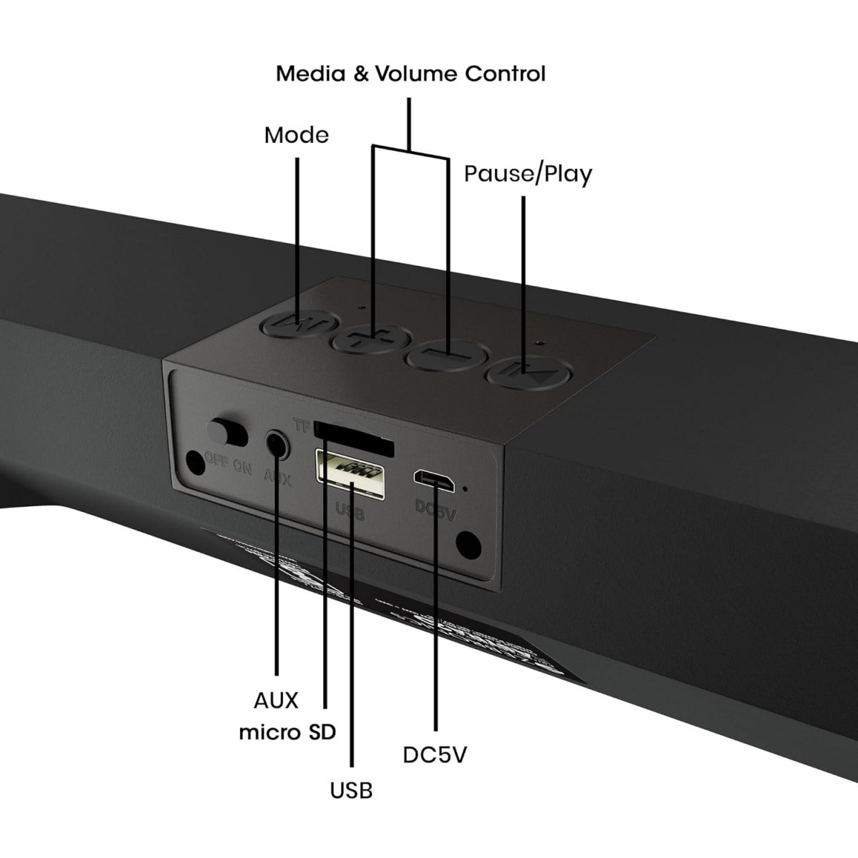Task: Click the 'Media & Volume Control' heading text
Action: [410, 74]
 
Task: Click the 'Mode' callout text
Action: [296, 135]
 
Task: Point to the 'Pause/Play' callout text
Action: [528, 174]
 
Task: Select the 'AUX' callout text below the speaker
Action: [276, 700]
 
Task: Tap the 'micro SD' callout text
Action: [287, 732]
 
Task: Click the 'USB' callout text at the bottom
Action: [351, 790]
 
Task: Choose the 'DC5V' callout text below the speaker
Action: [435, 755]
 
